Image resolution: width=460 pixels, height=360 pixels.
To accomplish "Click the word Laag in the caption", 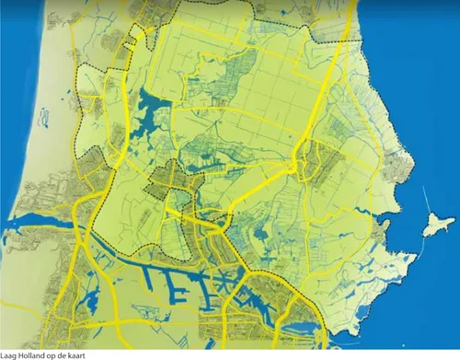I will point(9,354).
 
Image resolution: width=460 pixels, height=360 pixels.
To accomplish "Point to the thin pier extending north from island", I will point(428,201).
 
